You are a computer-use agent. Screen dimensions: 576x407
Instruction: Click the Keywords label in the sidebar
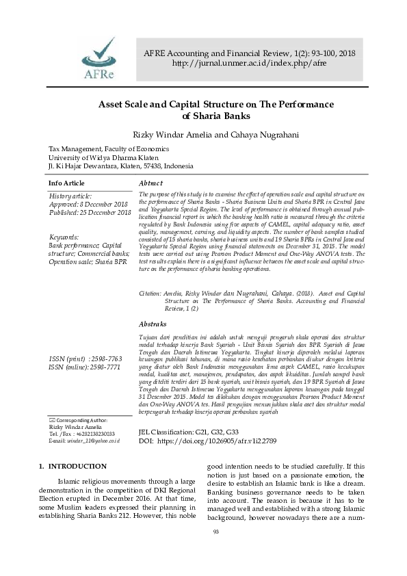pos(66,237)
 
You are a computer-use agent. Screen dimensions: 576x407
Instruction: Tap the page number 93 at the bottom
pos(216,551)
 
